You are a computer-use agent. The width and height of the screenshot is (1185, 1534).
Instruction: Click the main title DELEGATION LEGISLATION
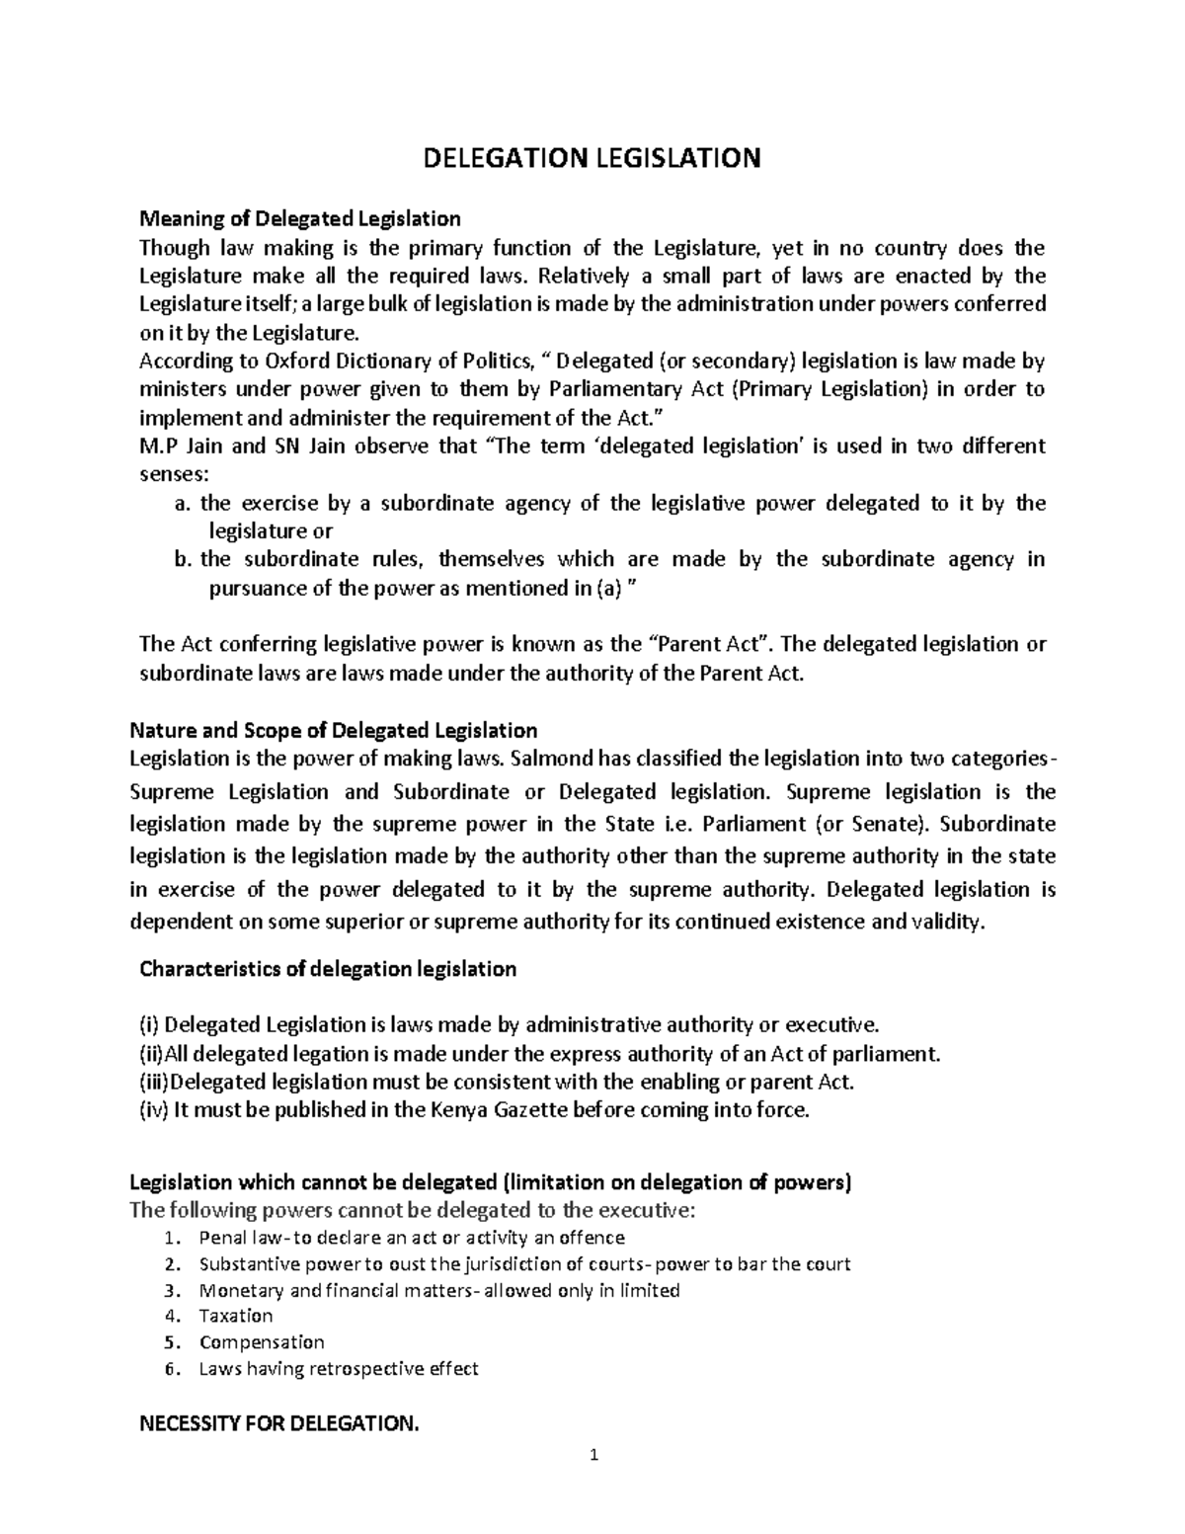pyautogui.click(x=592, y=158)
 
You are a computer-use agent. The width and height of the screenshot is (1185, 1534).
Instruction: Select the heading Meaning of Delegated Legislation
pyautogui.click(x=299, y=218)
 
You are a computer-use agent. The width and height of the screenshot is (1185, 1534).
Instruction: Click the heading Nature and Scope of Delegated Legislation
pyautogui.click(x=334, y=731)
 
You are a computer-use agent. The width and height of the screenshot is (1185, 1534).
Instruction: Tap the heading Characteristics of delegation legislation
pyautogui.click(x=328, y=969)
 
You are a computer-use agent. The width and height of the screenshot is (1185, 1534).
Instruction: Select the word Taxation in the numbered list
pyautogui.click(x=236, y=1316)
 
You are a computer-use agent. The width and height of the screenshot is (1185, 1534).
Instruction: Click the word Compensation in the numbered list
pyautogui.click(x=262, y=1342)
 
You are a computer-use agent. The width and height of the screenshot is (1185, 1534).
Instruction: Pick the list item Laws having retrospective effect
pyautogui.click(x=339, y=1369)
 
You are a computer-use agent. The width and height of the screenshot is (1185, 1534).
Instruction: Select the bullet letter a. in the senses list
pyautogui.click(x=181, y=504)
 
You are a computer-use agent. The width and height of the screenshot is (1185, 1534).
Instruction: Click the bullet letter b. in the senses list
pyautogui.click(x=181, y=560)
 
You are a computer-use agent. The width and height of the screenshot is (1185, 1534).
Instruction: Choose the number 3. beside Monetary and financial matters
pyautogui.click(x=174, y=1290)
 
